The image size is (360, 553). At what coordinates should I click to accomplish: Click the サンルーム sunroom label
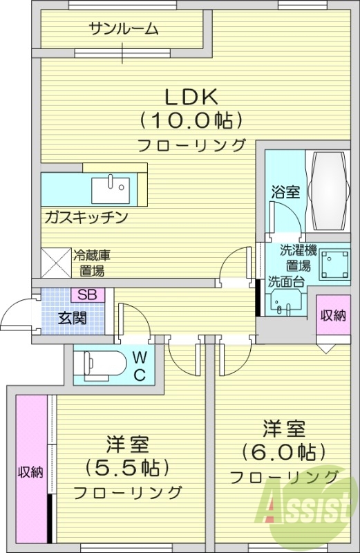pos(124,29)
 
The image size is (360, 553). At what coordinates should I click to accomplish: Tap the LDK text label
pos(191,95)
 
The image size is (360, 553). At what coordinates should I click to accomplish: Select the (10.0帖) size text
pos(191,120)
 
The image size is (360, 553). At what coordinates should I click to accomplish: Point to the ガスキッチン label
pos(84,217)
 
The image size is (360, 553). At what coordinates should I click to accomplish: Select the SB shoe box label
pos(87,294)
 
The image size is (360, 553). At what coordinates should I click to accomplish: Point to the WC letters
pos(139,366)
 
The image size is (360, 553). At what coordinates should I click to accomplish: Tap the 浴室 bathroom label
pos(285,191)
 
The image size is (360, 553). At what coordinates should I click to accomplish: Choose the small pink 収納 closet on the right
pos(332,317)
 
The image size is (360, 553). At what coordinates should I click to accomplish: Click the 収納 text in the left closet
pos(30,473)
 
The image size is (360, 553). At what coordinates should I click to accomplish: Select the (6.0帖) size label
pos(283,452)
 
